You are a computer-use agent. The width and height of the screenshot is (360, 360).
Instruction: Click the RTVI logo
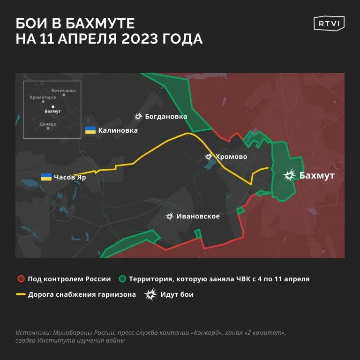click(x=329, y=23)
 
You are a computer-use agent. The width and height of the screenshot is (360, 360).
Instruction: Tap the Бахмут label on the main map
click(x=317, y=175)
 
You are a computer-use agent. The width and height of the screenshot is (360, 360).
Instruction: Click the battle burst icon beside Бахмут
click(x=289, y=175)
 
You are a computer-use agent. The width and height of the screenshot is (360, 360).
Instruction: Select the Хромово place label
click(x=231, y=157)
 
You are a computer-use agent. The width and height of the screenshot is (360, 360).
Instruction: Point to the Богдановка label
click(x=166, y=116)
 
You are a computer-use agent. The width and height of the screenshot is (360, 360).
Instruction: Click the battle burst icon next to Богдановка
click(x=138, y=116)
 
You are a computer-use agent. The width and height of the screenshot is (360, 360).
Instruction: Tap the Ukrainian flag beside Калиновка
click(x=90, y=130)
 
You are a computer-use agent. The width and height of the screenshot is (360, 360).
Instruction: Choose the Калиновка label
click(x=118, y=130)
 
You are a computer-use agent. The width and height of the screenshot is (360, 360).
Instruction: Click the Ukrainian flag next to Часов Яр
click(x=46, y=177)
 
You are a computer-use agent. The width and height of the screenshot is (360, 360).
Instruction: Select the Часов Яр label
click(x=70, y=177)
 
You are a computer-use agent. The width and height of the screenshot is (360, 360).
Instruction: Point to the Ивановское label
click(x=198, y=216)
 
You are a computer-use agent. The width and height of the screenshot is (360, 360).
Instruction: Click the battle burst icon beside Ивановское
click(x=170, y=216)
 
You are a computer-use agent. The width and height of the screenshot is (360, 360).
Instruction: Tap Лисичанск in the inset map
click(x=63, y=90)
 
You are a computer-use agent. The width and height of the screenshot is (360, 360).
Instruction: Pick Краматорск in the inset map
click(x=43, y=97)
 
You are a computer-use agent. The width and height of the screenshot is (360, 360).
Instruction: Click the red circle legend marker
click(x=20, y=279)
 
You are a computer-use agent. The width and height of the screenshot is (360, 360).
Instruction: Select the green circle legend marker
click(x=122, y=279)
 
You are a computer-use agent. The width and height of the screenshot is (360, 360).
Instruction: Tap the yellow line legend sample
click(x=20, y=295)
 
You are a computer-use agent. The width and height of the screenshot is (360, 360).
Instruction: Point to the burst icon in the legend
click(x=150, y=294)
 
